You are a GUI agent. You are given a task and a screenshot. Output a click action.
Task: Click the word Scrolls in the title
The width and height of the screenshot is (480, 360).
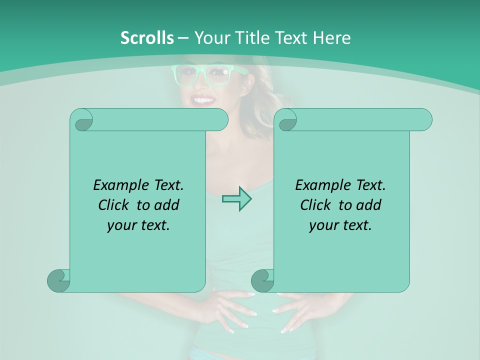coord(147,38)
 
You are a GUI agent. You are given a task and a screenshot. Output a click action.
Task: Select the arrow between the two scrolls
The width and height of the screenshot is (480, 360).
coord(236,199)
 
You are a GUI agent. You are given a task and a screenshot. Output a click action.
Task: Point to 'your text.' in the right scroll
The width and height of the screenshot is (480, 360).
coord(340,225)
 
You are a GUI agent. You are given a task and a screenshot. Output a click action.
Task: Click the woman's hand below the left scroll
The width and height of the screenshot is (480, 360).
coord(230,310)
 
